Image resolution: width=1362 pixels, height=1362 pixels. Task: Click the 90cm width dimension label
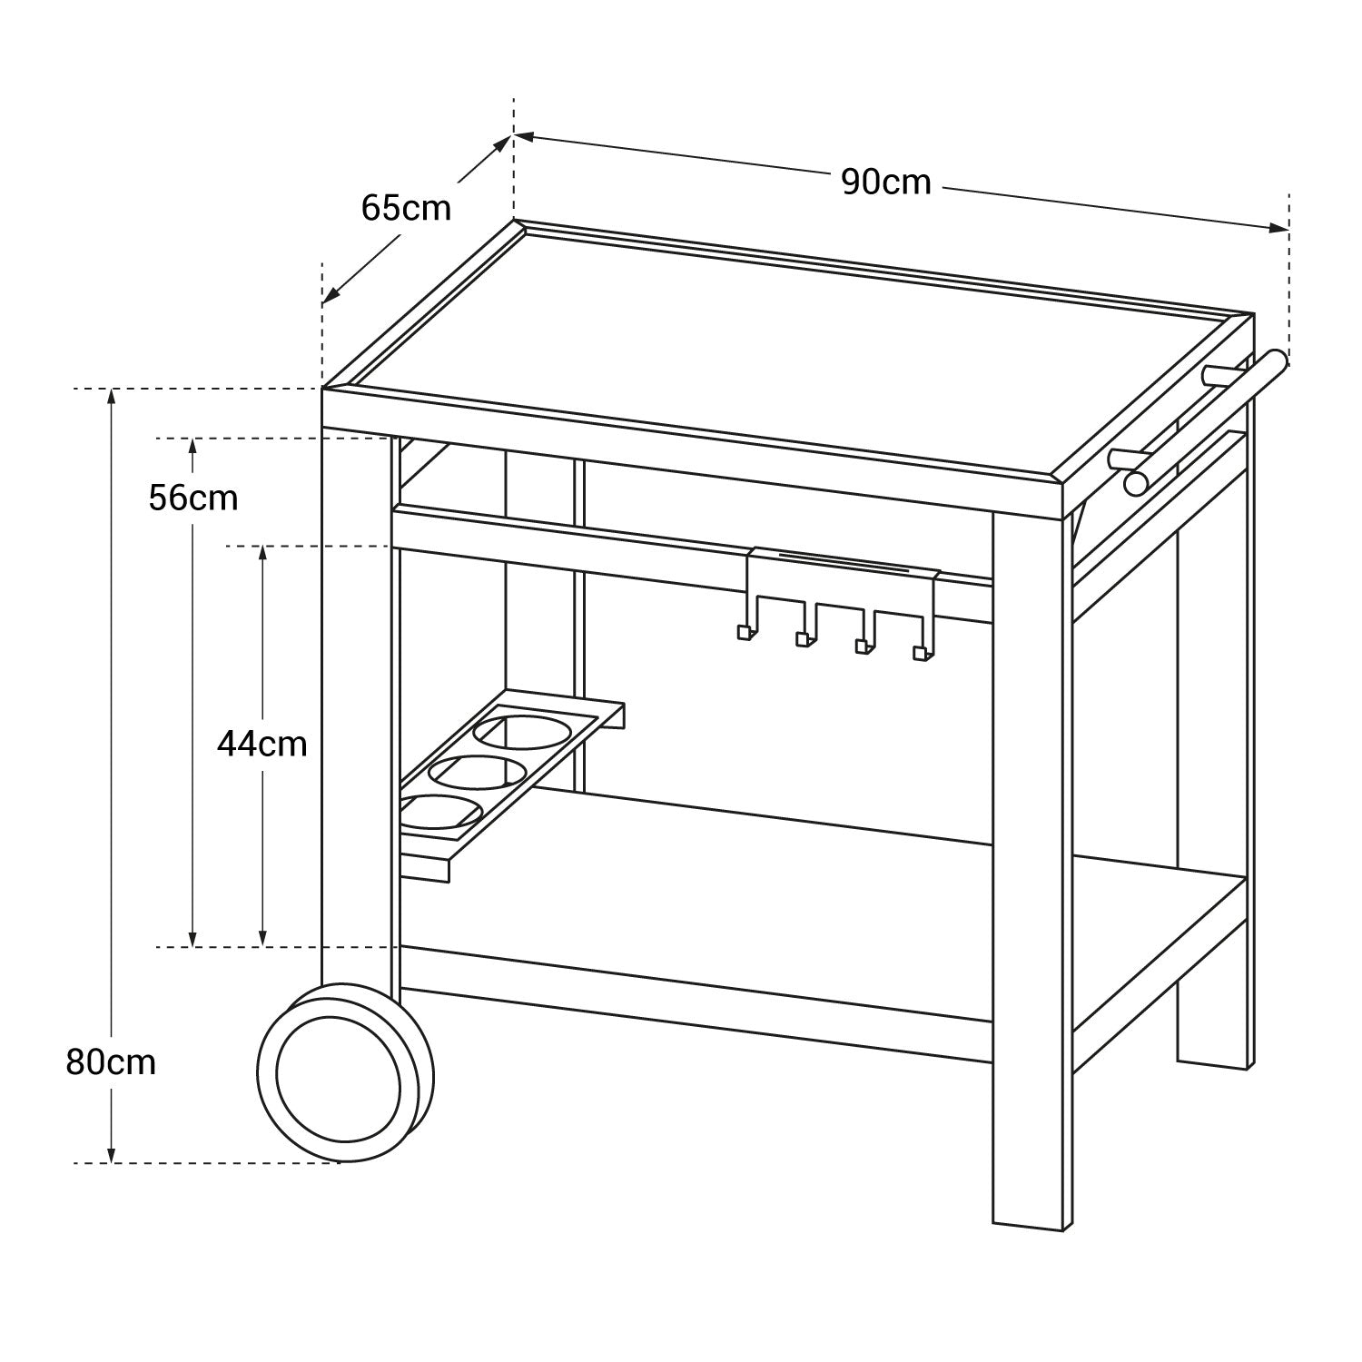tap(885, 183)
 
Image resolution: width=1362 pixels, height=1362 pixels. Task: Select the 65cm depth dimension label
tap(406, 208)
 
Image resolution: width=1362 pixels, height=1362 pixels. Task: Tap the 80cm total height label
tap(111, 1061)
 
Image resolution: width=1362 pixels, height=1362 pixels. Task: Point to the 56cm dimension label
tap(193, 498)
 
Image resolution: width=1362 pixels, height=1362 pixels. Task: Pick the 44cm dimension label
tap(262, 745)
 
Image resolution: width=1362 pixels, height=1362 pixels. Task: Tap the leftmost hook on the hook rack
tap(744, 632)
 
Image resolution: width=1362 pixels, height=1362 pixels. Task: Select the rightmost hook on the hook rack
tap(921, 652)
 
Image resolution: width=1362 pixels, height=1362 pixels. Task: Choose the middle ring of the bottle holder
tap(476, 772)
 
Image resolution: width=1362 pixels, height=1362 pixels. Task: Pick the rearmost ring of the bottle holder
tap(521, 731)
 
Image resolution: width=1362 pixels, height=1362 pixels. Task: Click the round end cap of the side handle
tap(1136, 482)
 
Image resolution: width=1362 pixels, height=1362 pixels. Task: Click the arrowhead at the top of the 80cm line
tap(111, 397)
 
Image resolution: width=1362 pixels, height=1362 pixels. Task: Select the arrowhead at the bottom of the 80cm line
tap(111, 1155)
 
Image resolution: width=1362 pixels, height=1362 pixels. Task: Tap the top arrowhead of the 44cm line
tap(262, 554)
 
